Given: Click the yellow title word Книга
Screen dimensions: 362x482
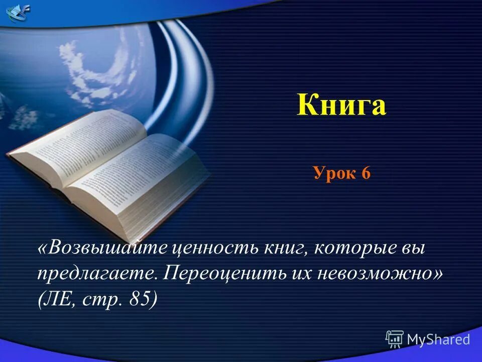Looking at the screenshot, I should [341, 105].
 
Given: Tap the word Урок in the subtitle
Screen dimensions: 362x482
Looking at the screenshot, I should [333, 173].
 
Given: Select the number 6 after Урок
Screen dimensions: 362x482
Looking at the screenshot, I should [365, 173].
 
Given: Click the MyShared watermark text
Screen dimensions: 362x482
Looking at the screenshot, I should [438, 339].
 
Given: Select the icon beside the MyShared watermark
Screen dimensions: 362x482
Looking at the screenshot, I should [395, 339].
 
